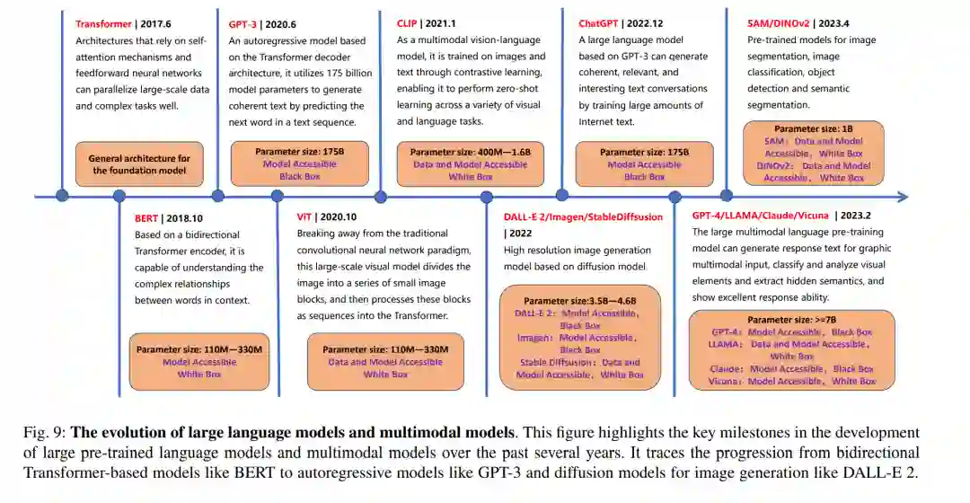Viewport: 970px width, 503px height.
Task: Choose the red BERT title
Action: tap(145, 218)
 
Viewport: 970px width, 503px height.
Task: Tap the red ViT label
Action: tap(305, 216)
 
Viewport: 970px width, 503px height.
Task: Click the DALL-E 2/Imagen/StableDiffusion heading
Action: tap(583, 216)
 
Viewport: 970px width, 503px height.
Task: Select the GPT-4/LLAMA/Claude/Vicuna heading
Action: tap(760, 216)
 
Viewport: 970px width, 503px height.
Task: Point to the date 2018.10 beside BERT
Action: tap(185, 218)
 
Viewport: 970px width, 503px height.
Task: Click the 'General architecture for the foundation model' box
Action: tap(139, 164)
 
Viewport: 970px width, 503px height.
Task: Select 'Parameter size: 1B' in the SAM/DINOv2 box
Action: tap(814, 129)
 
